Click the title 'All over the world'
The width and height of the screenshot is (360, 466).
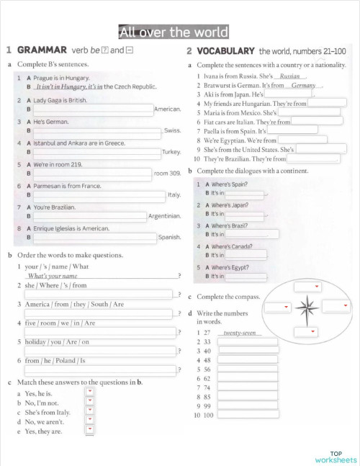tap(173, 32)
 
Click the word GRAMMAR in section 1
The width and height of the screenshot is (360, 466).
tap(42, 50)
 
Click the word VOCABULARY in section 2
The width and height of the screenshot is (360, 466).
tap(225, 50)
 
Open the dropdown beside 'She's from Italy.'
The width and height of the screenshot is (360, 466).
tap(90, 412)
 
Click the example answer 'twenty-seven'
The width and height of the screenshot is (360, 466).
tap(240, 333)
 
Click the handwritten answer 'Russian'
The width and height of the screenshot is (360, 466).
tap(289, 76)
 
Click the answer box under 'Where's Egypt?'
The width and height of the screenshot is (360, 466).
tap(246, 277)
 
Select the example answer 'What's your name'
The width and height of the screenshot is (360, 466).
tap(52, 276)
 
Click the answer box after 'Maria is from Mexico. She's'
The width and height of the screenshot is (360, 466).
tap(309, 112)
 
